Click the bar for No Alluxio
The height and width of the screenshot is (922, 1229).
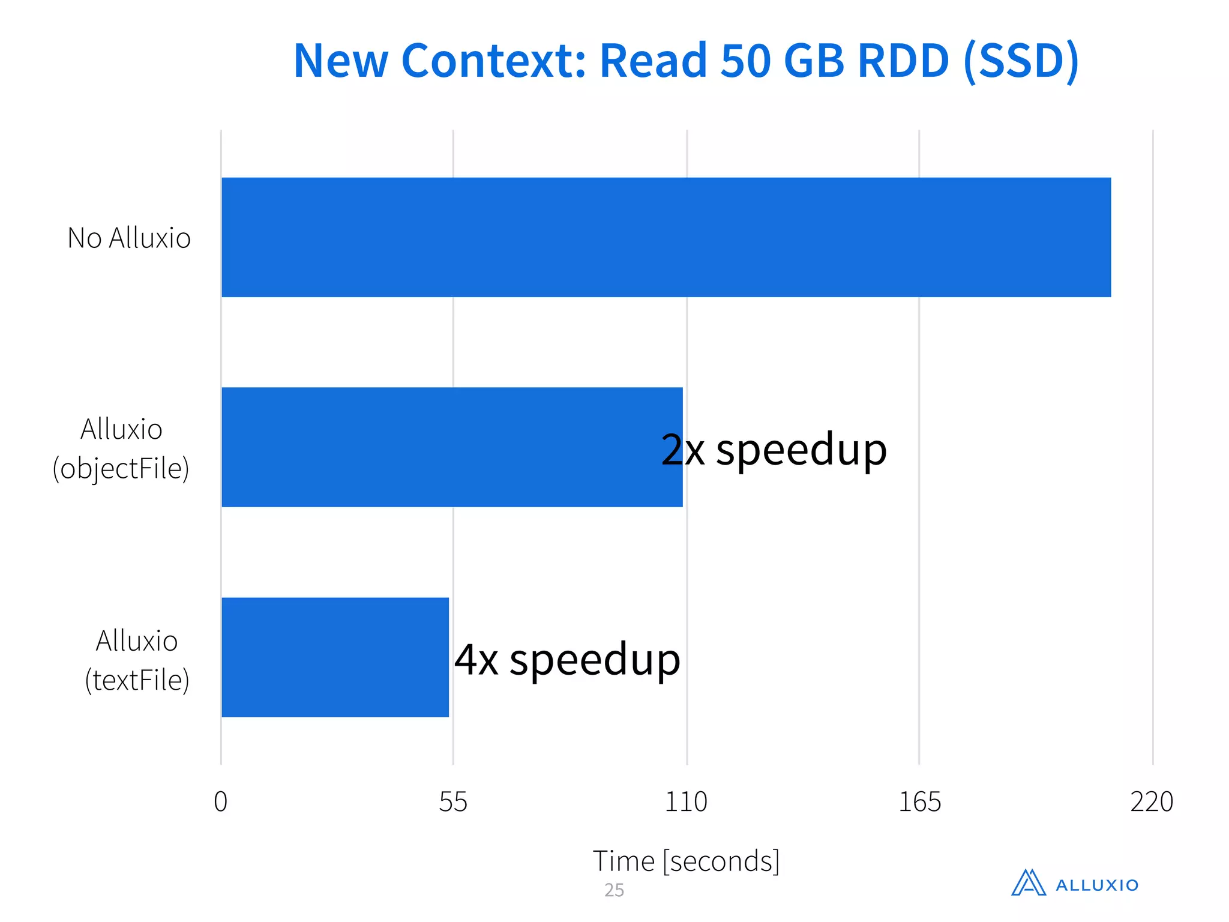666,237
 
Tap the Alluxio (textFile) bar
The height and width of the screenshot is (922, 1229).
335,657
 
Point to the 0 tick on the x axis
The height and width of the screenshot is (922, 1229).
221,802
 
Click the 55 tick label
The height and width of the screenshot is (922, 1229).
453,802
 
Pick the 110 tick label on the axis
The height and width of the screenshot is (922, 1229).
686,802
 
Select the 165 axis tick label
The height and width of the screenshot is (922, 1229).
919,802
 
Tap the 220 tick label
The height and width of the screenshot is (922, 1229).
1152,802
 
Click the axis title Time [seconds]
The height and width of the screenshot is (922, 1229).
686,861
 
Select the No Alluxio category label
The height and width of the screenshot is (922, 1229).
129,238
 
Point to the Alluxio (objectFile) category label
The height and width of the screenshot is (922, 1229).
121,449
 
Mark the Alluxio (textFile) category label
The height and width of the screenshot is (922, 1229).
137,660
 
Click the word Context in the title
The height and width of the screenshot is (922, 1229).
493,61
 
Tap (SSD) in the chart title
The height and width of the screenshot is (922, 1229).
1021,61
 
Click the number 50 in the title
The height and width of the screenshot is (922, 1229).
745,61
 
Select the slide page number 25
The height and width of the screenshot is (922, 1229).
614,890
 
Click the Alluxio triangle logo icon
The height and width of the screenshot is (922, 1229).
1029,883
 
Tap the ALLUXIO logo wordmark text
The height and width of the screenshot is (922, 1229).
1097,885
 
